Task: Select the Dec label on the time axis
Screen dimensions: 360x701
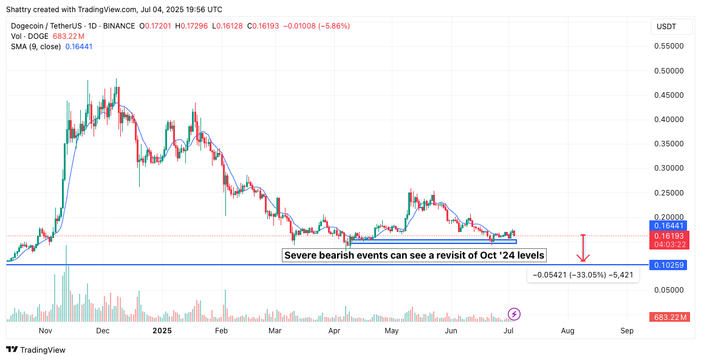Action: click(x=103, y=331)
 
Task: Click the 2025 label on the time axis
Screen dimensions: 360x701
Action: click(x=162, y=331)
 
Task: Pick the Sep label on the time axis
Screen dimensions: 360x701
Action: click(x=627, y=331)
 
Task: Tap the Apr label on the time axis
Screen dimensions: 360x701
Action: click(x=334, y=331)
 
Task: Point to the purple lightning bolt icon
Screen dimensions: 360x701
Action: click(x=515, y=314)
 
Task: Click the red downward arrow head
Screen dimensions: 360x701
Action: click(x=583, y=259)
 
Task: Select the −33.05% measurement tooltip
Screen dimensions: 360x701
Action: click(x=583, y=275)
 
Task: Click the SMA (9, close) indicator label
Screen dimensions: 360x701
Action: click(x=36, y=46)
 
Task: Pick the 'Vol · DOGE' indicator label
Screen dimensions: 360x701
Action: click(x=30, y=36)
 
